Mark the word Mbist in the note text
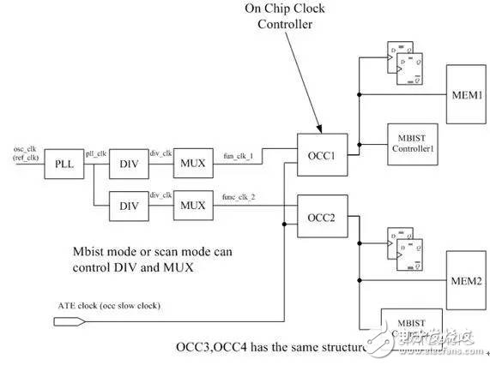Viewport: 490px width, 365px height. pyautogui.click(x=88, y=252)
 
